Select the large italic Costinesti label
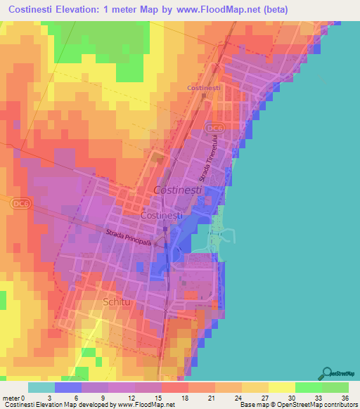(x=176, y=190)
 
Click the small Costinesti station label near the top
(x=204, y=87)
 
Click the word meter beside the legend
(x=11, y=398)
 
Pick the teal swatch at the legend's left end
(x=41, y=387)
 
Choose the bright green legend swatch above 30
(x=309, y=387)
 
